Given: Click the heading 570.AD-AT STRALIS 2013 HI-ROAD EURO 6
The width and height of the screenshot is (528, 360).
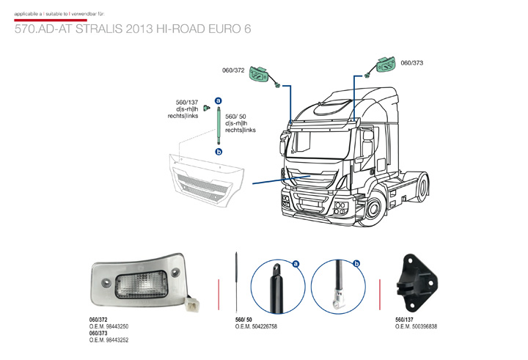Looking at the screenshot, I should point(132,30).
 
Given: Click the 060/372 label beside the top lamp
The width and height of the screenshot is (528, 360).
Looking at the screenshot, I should point(233,70).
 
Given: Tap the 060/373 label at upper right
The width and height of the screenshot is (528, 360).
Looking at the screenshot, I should point(412,63).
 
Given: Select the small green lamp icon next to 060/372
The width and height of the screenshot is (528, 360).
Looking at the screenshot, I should point(259,74).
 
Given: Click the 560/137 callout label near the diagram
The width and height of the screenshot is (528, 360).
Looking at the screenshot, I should point(187,102).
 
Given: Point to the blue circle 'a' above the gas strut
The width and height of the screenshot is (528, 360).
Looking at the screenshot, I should point(218,99).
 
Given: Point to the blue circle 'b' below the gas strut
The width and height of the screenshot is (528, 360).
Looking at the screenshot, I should point(218,151).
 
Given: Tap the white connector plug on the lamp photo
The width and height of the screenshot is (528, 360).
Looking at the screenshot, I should point(194,301).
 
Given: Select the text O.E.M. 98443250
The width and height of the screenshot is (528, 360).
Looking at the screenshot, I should point(109,326).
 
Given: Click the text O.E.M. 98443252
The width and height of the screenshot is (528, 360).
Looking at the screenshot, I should point(109,340).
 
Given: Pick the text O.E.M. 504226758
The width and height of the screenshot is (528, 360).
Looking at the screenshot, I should point(256,326).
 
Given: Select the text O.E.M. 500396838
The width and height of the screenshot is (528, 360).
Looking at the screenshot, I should point(416,326).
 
